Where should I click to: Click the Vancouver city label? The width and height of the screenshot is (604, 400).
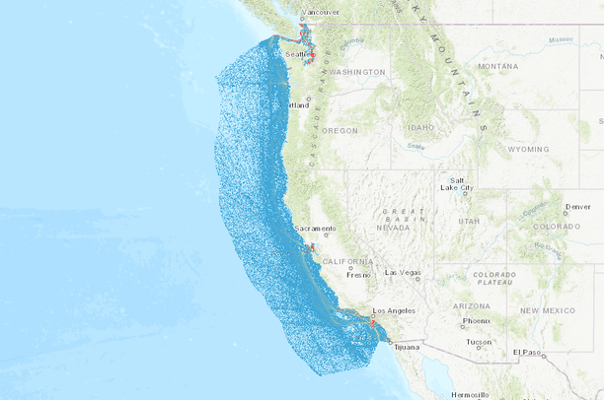[x=320, y=12]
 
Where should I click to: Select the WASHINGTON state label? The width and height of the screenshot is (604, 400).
[x=357, y=72]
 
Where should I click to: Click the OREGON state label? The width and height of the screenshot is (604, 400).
[x=340, y=130]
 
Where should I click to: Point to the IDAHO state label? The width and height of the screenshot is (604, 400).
[x=420, y=127]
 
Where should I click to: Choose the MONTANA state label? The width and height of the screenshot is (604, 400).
[x=497, y=66]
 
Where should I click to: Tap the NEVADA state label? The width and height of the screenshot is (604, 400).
[x=393, y=227]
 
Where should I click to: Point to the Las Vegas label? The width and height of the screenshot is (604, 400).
[x=404, y=272]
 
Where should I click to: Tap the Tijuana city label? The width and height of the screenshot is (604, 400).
[x=407, y=347]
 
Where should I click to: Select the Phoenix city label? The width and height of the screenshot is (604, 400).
[x=477, y=320]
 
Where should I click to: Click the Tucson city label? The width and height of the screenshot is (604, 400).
[x=480, y=342]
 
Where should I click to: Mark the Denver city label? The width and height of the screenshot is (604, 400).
[x=578, y=207]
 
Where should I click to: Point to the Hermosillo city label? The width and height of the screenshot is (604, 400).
[x=470, y=394]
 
